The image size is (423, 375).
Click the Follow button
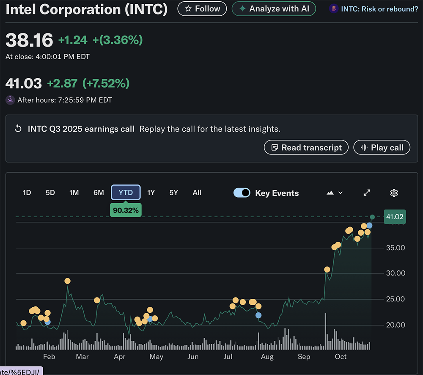[x=202, y=8]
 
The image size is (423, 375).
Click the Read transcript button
[x=306, y=147]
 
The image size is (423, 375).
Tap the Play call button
[x=382, y=147]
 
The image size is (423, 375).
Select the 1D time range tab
[x=27, y=193]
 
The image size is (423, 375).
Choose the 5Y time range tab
[x=173, y=193]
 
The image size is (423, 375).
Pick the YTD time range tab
[x=126, y=193]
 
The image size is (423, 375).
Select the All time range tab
[x=197, y=193]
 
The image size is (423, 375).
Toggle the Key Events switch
[x=242, y=193]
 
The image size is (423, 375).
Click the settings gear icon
[x=394, y=193]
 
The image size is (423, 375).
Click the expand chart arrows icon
[x=367, y=193]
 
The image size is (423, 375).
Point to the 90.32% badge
[x=126, y=210]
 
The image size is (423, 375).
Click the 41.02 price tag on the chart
[x=395, y=217]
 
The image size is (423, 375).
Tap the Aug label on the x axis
[x=267, y=357]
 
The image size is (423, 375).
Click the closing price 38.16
[x=29, y=40]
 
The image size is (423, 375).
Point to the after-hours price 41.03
[x=24, y=83]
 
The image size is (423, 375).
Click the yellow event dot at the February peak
[x=67, y=281]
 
